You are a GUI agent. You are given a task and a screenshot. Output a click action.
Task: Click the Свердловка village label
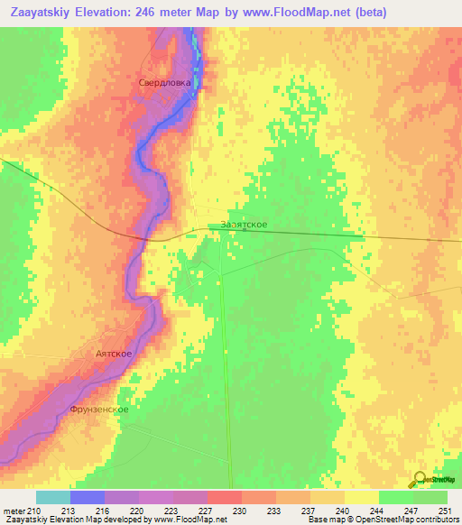[164, 83]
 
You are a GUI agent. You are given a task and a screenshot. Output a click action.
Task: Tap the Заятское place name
[244, 226]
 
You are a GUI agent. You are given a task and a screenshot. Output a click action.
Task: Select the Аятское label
[114, 353]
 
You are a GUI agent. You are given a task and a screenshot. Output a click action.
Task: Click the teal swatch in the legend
[52, 497]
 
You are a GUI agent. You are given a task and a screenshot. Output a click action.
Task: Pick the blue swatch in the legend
[87, 497]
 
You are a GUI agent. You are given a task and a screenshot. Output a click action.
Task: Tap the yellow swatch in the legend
[361, 497]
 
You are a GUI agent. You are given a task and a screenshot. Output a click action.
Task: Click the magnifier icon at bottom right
[419, 479]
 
